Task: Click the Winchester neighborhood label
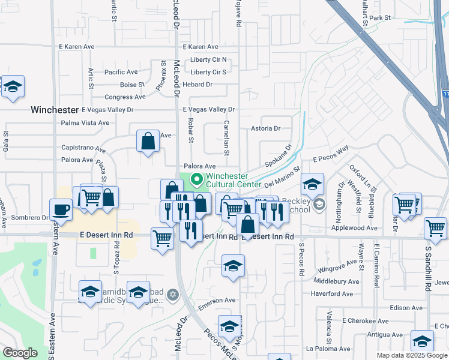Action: click(x=55, y=110)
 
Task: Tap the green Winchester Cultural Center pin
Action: click(x=197, y=179)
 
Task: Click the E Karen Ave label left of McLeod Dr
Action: click(x=76, y=46)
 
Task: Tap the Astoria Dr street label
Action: click(x=265, y=128)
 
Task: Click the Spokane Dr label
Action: click(x=279, y=155)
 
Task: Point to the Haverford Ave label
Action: click(x=331, y=293)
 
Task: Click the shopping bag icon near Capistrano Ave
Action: click(x=148, y=142)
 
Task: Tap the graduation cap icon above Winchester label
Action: click(x=12, y=88)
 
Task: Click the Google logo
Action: click(x=21, y=353)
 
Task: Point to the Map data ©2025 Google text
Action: click(x=412, y=355)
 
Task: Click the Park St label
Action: click(x=380, y=19)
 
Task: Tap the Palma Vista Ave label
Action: click(x=85, y=122)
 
